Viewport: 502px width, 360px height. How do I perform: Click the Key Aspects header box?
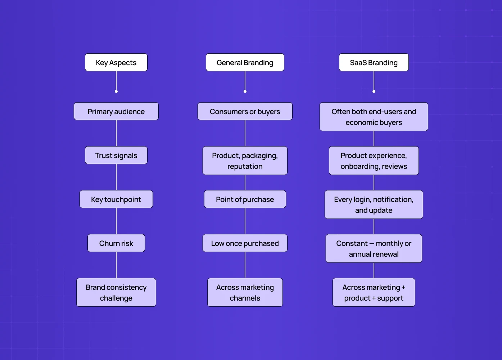116,62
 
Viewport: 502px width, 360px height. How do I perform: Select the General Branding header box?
245,62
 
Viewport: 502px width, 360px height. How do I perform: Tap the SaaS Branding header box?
374,62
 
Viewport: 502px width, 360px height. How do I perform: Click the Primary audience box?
116,111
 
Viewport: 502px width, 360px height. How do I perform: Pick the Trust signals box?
116,155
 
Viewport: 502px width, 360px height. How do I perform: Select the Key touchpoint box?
116,199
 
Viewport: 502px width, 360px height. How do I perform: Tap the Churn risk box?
116,243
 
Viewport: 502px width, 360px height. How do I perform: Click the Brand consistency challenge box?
116,292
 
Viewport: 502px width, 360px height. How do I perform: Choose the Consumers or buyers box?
245,111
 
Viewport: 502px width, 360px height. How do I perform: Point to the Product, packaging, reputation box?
245,161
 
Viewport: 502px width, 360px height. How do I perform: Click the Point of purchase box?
245,199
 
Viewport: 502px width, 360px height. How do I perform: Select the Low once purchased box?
245,243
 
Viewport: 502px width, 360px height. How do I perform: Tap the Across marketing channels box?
245,292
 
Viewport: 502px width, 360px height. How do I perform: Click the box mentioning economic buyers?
374,117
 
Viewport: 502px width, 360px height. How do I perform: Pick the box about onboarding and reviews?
374,161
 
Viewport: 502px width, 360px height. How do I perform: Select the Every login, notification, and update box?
374,204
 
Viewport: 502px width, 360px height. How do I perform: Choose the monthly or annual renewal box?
374,248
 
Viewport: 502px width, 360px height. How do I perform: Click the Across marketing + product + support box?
374,292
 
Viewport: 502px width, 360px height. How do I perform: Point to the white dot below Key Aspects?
116,91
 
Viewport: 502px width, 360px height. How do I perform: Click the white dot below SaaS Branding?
374,91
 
